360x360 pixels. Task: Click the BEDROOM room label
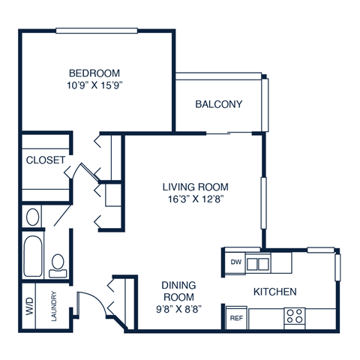pyautogui.click(x=95, y=73)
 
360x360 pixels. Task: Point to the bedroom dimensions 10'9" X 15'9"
pyautogui.click(x=95, y=85)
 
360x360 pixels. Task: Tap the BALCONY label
pyautogui.click(x=218, y=104)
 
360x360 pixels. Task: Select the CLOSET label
pyautogui.click(x=45, y=160)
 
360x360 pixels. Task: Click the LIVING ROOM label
pyautogui.click(x=195, y=187)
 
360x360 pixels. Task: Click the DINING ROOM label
pyautogui.click(x=179, y=291)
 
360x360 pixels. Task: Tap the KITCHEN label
pyautogui.click(x=275, y=291)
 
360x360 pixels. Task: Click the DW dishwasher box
pyautogui.click(x=235, y=262)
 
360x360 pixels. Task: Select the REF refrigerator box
pyautogui.click(x=236, y=318)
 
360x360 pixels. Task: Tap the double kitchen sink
pyautogui.click(x=257, y=262)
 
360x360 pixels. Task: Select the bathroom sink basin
pyautogui.click(x=31, y=217)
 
